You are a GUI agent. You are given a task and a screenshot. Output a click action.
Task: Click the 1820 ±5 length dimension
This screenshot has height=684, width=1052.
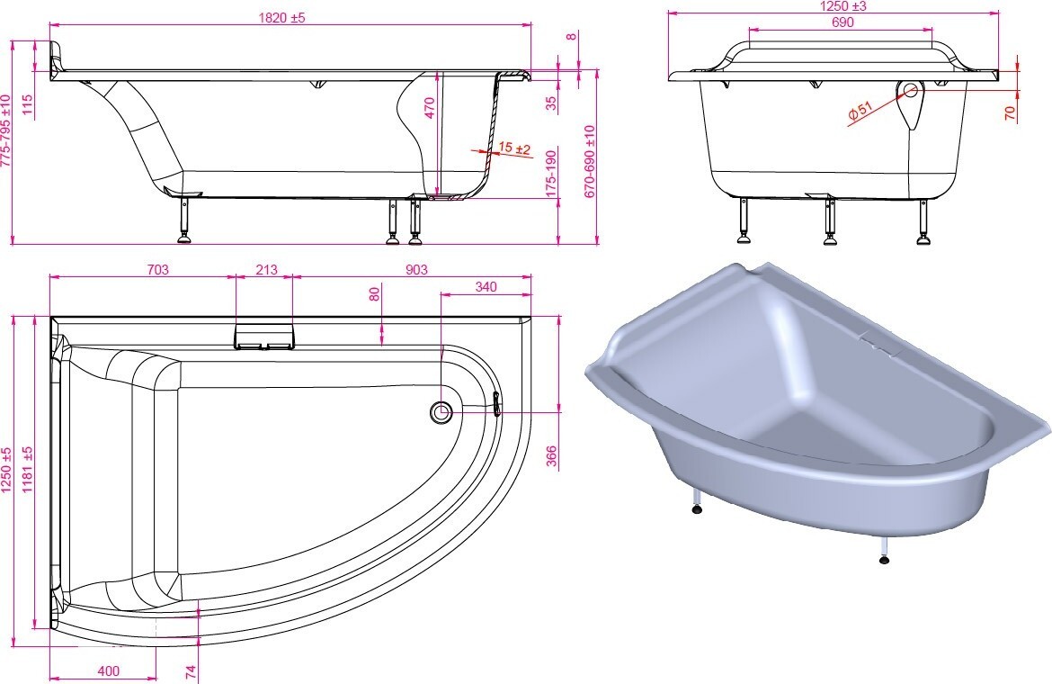[x=281, y=17]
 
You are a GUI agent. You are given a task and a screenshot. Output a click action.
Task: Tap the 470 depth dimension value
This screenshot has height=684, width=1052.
[x=430, y=107]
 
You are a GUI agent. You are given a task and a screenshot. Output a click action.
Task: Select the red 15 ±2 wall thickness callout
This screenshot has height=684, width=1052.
[x=515, y=148]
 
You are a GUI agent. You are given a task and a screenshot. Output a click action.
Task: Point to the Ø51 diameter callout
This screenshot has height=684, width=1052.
[x=860, y=112]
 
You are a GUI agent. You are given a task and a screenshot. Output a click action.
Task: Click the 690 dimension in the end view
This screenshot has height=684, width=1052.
[x=842, y=22]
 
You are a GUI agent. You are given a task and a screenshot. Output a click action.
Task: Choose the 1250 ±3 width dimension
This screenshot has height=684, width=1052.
[x=843, y=6]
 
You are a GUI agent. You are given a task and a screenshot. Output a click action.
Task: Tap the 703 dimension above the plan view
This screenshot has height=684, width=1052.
[x=157, y=269]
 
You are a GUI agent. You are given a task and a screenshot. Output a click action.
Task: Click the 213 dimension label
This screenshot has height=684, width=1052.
[x=266, y=269]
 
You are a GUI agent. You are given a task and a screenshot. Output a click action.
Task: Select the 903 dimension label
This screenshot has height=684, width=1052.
[x=416, y=269]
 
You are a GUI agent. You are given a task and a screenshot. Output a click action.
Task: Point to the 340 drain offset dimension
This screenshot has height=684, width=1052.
[x=486, y=286]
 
